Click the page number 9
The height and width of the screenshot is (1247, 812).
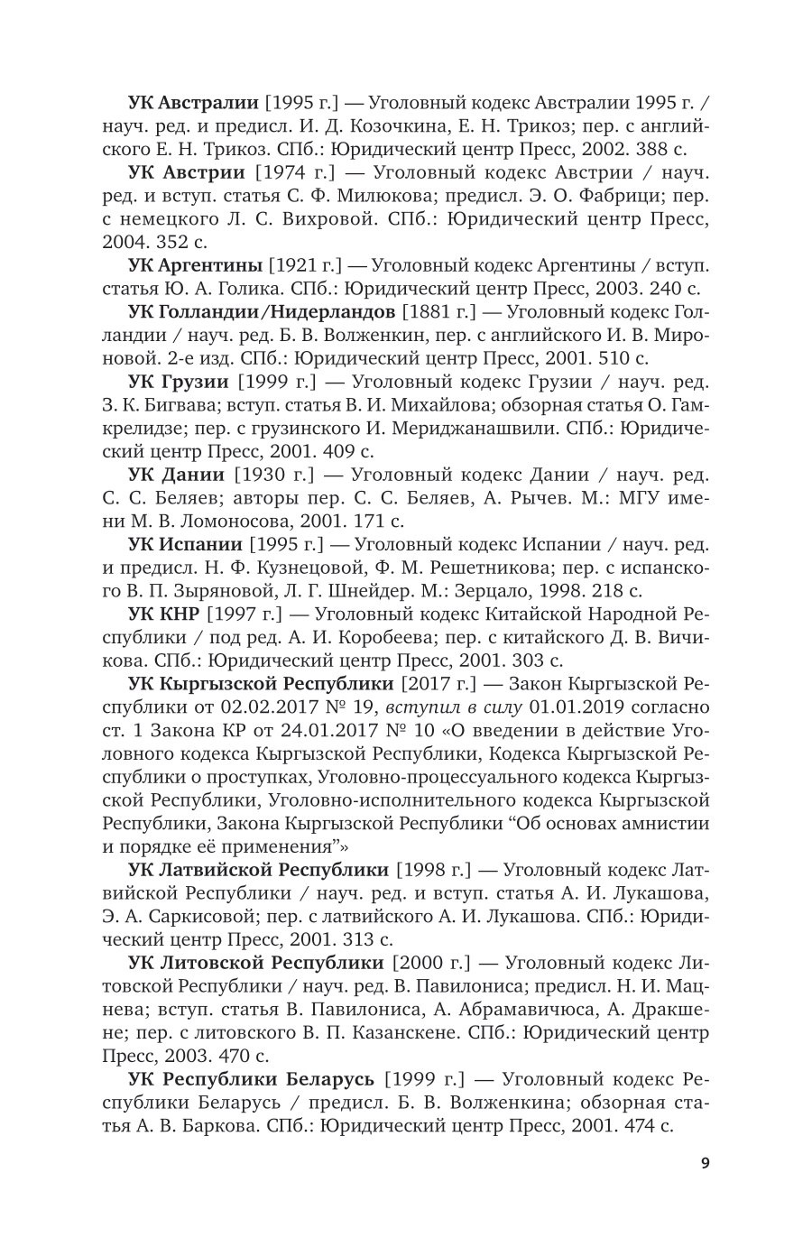coord(705,1162)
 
